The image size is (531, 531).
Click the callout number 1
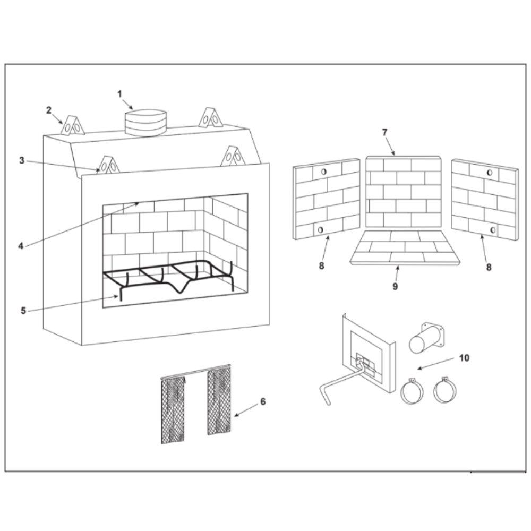coord(119,94)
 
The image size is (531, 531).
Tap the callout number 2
coord(49,110)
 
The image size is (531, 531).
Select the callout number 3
coord(22,160)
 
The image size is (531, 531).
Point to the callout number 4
coord(21,246)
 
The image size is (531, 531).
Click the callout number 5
coord(23,311)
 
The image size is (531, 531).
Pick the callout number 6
coord(263,401)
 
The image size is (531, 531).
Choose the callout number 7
coord(384,132)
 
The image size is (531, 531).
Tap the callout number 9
coord(395,286)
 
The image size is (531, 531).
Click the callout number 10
coord(464,358)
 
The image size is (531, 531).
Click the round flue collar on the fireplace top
coord(145,122)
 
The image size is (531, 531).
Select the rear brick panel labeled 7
coord(404,192)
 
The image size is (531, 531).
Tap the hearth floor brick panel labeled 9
coord(405,247)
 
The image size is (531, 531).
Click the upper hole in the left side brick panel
coord(324,172)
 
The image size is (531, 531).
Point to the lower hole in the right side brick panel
coord(493,230)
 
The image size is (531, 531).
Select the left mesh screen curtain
coord(173,410)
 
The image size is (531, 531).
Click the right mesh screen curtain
coord(219,401)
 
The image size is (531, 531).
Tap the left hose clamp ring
coord(412,391)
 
